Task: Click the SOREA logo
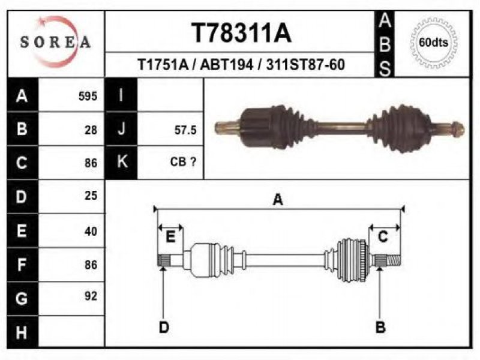click(x=55, y=42)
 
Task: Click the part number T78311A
click(x=241, y=33)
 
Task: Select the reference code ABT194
click(x=227, y=65)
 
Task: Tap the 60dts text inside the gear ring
click(x=433, y=42)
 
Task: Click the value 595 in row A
click(x=88, y=96)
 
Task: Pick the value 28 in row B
click(x=91, y=130)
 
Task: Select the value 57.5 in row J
click(x=185, y=130)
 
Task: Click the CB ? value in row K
click(x=183, y=161)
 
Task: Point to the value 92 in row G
click(x=91, y=296)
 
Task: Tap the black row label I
click(x=121, y=95)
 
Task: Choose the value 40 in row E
click(x=91, y=231)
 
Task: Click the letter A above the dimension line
click(x=278, y=200)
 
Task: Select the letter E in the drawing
click(x=170, y=237)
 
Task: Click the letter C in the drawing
click(x=383, y=237)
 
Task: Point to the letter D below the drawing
click(x=164, y=328)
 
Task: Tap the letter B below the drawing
click(x=380, y=327)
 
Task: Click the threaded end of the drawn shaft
click(x=394, y=260)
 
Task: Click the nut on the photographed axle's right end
click(x=458, y=129)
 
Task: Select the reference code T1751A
click(x=163, y=65)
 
